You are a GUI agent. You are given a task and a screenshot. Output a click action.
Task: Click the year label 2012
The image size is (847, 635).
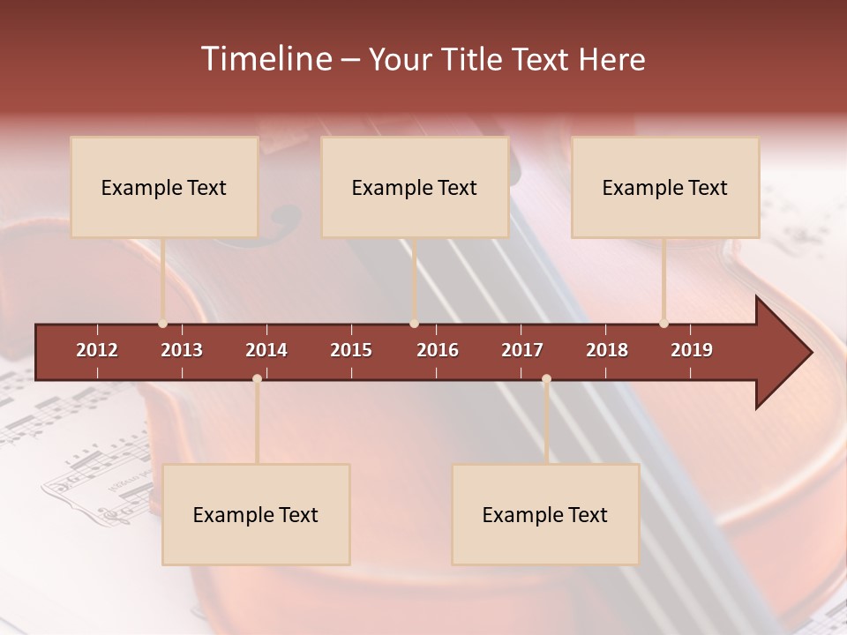(x=97, y=350)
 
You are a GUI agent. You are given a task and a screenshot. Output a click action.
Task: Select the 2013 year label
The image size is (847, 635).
(x=182, y=350)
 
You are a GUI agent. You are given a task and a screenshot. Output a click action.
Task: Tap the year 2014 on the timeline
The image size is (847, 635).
(x=266, y=350)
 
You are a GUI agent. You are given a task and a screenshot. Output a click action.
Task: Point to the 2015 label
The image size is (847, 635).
(x=351, y=350)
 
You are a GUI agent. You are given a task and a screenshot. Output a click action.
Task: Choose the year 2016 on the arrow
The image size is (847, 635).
(x=438, y=350)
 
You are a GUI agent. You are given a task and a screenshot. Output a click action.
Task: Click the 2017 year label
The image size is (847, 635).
(x=522, y=350)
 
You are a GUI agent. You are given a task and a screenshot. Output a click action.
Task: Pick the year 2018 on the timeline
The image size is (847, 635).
(x=607, y=350)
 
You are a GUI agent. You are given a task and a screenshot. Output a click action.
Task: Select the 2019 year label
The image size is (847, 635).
(x=692, y=350)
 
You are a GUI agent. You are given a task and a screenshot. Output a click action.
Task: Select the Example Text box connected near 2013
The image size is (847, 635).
(x=164, y=187)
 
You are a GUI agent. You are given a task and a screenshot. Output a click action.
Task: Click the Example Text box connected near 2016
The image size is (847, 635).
(x=415, y=187)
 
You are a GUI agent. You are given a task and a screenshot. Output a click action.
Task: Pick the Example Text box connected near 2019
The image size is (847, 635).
(x=665, y=187)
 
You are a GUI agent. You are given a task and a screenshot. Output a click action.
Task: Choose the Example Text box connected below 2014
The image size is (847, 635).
(x=256, y=514)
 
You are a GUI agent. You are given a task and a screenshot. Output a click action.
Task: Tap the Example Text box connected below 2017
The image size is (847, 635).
(x=545, y=514)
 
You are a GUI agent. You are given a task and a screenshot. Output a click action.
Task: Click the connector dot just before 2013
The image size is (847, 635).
(x=162, y=324)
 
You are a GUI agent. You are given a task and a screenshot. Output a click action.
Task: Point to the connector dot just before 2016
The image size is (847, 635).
(x=414, y=324)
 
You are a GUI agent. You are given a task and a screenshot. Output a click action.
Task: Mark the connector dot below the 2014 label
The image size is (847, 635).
(x=257, y=379)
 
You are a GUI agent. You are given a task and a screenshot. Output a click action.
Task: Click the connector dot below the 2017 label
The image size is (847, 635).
(x=546, y=379)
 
